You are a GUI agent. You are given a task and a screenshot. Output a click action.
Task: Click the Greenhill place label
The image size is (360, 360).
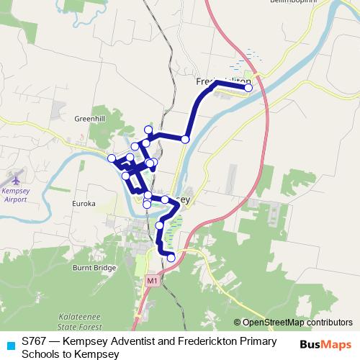click(89, 118)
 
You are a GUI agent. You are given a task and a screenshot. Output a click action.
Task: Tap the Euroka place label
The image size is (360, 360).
click(84, 204)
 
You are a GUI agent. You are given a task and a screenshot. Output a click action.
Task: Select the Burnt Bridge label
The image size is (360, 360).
click(94, 268)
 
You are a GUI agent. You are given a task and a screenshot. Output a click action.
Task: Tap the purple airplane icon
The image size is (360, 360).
click(17, 177)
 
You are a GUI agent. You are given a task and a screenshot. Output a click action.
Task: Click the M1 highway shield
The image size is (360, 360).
click(151, 280)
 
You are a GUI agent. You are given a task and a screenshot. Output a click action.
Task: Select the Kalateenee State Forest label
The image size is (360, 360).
click(79, 321)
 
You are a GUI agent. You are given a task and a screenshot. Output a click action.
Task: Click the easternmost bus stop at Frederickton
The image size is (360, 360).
click(249, 88)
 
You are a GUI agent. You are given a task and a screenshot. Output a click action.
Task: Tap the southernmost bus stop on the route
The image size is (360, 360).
click(171, 258)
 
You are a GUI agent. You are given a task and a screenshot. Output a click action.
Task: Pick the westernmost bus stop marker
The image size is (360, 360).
click(112, 158)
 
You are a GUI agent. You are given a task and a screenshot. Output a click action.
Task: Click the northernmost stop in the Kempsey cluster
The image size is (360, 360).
click(149, 130)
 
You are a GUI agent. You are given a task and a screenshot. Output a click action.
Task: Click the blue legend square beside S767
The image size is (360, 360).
click(10, 343)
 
